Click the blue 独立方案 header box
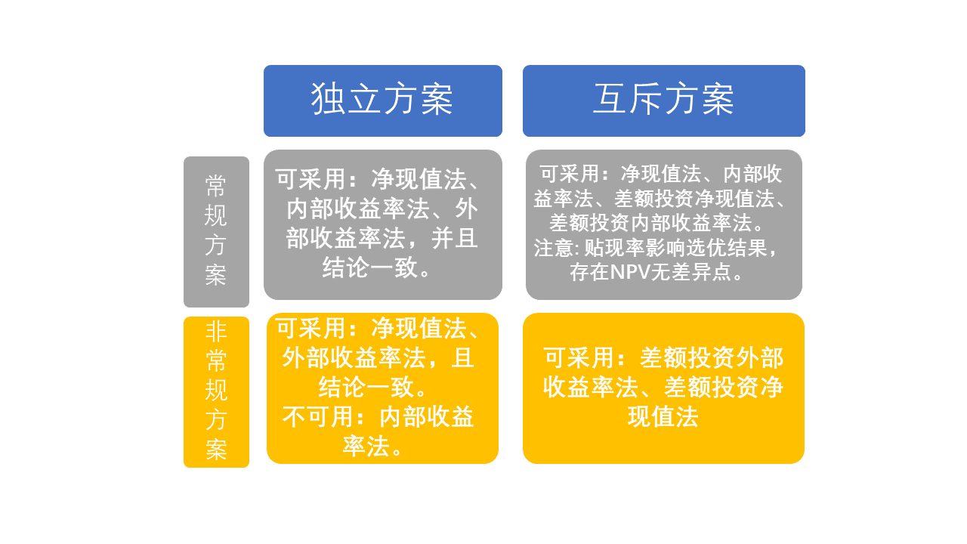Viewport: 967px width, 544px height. tap(383, 101)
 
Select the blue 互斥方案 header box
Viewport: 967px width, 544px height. tap(663, 101)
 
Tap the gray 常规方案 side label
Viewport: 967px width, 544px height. tap(216, 232)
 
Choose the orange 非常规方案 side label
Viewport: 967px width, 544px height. tap(216, 392)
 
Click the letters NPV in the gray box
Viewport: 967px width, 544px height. tap(630, 273)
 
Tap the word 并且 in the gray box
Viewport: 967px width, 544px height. tap(455, 239)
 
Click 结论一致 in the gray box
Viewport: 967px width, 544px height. tap(369, 267)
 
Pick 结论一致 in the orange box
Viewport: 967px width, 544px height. tap(366, 388)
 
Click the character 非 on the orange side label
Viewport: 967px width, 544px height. tap(216, 332)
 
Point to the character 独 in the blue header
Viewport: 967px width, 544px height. tap(328, 99)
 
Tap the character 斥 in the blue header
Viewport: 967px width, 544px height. tap(646, 99)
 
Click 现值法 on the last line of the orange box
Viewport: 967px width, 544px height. tap(663, 417)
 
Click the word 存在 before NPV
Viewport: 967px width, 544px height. tap(589, 273)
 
